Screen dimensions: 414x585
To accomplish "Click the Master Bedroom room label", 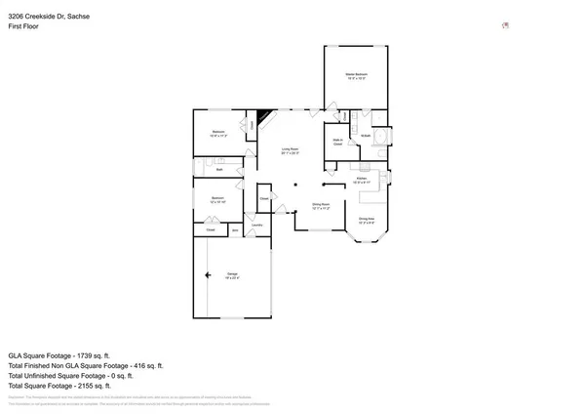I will pyautogui.click(x=355, y=75).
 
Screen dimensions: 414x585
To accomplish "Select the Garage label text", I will pyautogui.click(x=232, y=275).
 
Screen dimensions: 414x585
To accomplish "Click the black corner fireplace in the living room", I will pyautogui.click(x=263, y=117).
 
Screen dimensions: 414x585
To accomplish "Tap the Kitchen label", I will pyautogui.click(x=361, y=179).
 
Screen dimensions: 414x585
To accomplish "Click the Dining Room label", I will pyautogui.click(x=321, y=205).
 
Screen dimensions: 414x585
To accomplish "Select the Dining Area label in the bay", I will pyautogui.click(x=367, y=219).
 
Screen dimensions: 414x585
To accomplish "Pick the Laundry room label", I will pyautogui.click(x=257, y=224).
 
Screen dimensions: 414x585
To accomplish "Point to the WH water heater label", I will pyautogui.click(x=235, y=230).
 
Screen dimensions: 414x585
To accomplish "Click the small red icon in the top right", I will pyautogui.click(x=504, y=26).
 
